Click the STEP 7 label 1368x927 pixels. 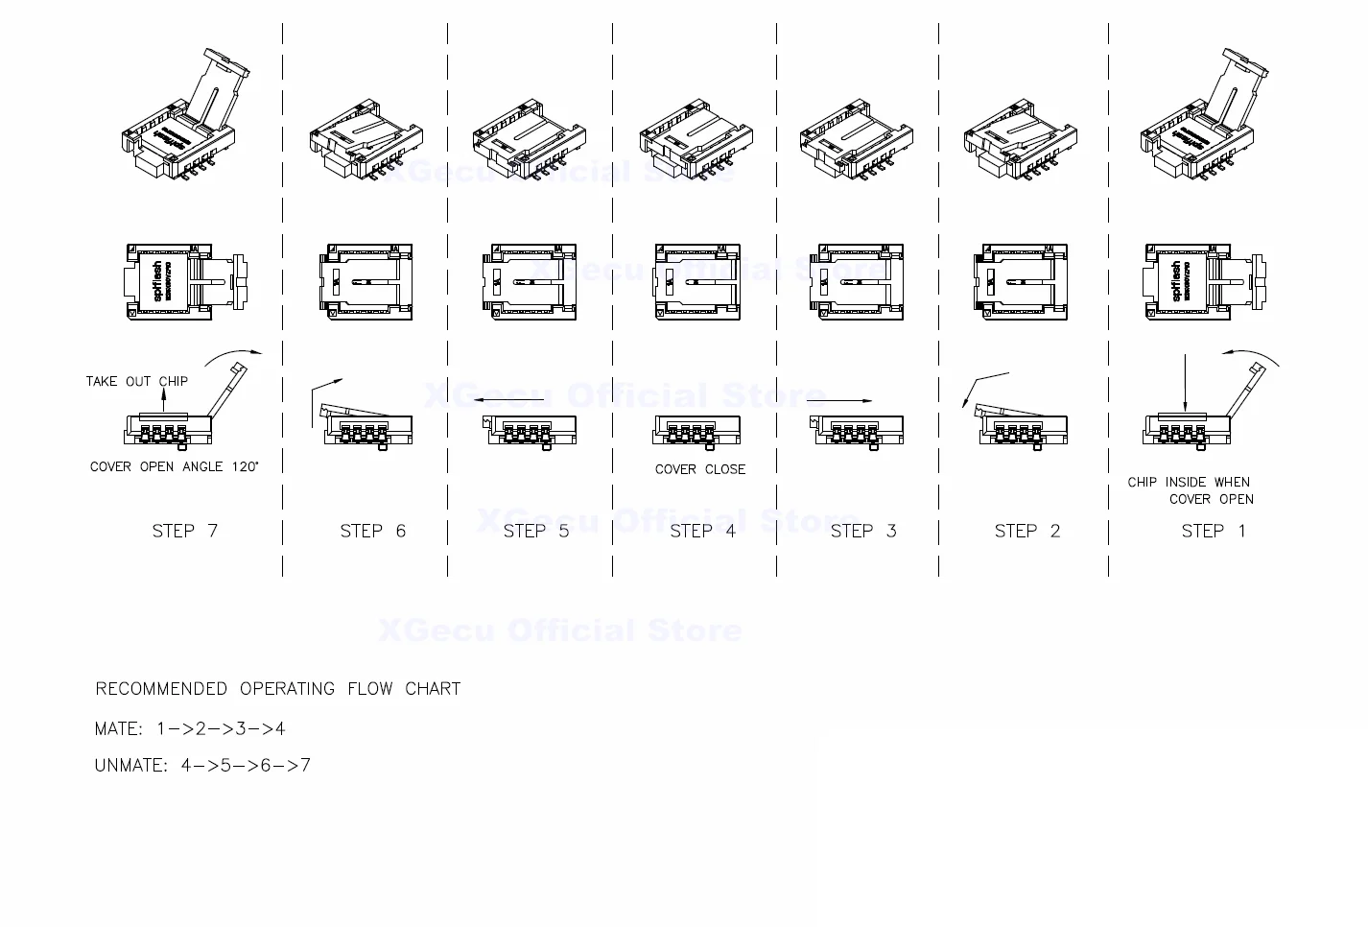[x=185, y=531]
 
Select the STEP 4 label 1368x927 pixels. [x=702, y=531]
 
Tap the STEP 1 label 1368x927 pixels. [x=1213, y=531]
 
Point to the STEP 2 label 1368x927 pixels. [x=1026, y=531]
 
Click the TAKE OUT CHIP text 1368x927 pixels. [x=136, y=381]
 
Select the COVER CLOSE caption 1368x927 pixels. [x=699, y=469]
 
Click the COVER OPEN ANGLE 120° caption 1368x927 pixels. [x=174, y=466]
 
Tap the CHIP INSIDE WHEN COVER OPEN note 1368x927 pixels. [x=1191, y=490]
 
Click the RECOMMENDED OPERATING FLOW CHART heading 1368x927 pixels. [x=278, y=689]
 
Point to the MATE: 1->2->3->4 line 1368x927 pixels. [x=190, y=728]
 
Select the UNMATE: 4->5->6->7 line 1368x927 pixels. [x=202, y=765]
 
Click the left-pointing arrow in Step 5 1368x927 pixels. [x=508, y=400]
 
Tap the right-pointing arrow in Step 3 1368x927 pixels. [x=845, y=400]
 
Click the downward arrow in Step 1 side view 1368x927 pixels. [x=1185, y=384]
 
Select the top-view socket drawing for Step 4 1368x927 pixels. [x=697, y=281]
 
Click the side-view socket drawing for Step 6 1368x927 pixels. [x=362, y=423]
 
